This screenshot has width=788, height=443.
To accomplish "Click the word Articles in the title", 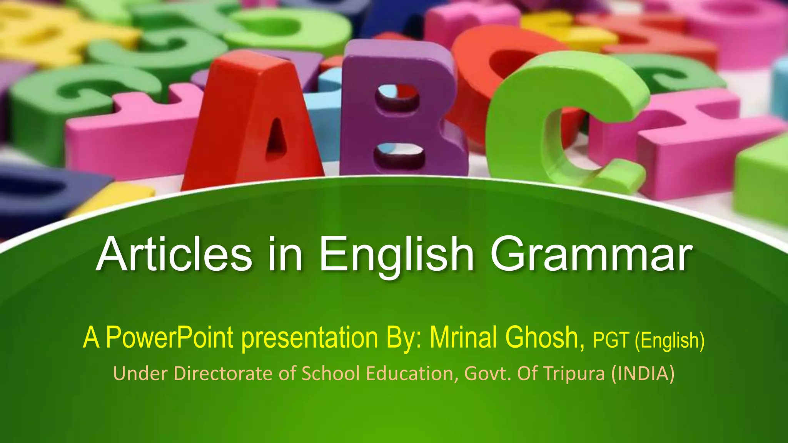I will [174, 255].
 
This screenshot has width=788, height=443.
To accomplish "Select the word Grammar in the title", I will [591, 255].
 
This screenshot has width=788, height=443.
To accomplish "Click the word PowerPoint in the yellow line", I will [169, 338].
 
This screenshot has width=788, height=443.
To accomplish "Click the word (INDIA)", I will [643, 374].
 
